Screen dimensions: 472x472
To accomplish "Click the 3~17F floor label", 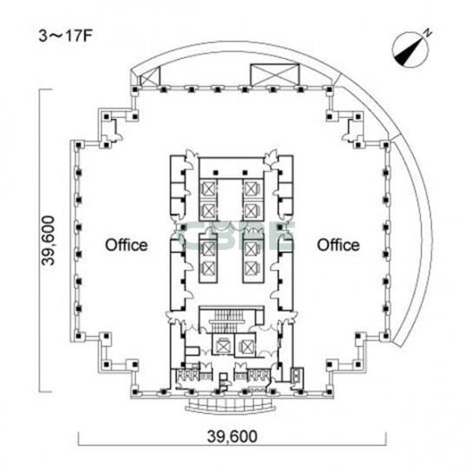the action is (65, 36).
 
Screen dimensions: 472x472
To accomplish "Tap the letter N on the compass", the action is (428, 33).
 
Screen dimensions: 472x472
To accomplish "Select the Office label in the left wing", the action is (126, 245).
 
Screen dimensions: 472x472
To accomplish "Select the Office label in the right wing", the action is (338, 245).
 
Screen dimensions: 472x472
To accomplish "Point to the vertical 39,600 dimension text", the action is (49, 240).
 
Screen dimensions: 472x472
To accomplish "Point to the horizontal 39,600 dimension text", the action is (232, 436).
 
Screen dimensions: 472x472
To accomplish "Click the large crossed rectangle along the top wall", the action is (275, 75).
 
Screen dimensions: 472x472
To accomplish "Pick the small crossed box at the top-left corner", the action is (149, 76).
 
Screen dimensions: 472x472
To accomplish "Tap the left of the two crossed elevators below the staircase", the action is (222, 345).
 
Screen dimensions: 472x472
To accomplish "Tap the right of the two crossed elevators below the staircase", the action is (246, 345).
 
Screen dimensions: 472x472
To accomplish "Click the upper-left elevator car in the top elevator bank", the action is (208, 189).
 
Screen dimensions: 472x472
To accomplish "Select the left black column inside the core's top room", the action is (215, 173).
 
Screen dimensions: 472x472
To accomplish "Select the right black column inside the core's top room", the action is (245, 173).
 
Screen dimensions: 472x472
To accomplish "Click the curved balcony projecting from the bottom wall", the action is (231, 406).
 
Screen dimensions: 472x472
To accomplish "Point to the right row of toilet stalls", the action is (259, 375).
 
